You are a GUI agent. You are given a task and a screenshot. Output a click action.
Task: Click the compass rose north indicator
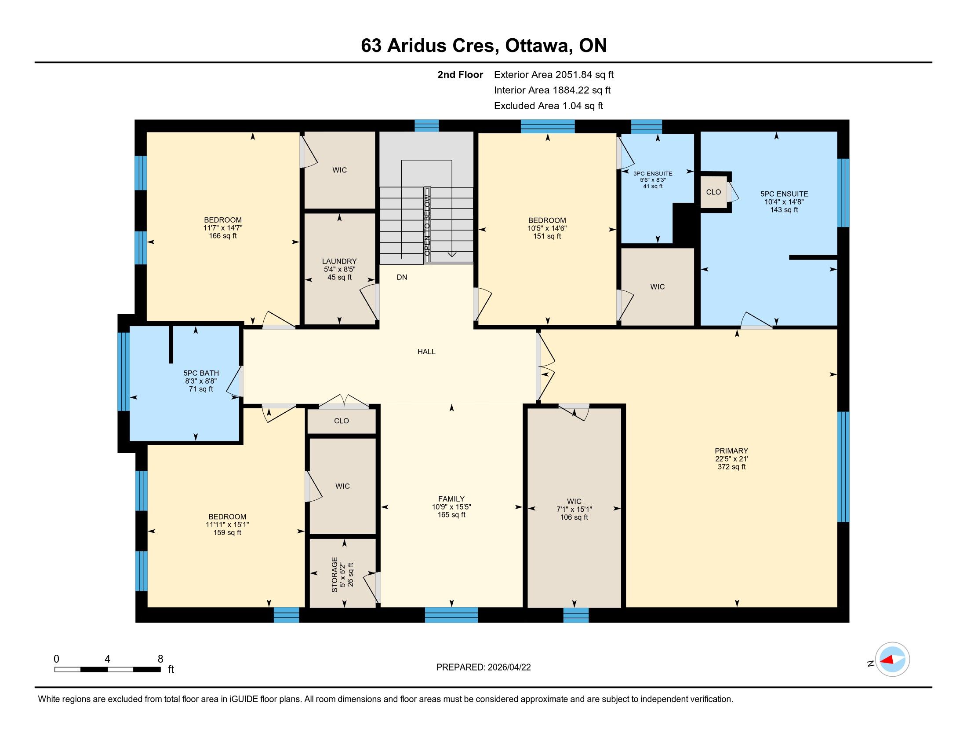click(892, 659)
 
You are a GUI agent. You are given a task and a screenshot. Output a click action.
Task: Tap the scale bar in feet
click(108, 669)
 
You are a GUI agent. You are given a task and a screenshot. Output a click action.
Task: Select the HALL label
click(426, 352)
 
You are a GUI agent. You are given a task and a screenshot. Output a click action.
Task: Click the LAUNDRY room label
click(339, 261)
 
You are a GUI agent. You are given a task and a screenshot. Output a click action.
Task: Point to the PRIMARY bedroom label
click(731, 451)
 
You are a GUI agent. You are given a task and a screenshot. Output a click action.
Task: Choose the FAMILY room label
click(451, 499)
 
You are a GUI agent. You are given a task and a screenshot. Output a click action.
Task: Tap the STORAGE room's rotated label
click(335, 574)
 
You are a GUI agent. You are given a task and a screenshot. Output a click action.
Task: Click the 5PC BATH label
click(201, 373)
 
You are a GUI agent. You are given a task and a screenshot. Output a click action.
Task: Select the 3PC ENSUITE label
click(653, 174)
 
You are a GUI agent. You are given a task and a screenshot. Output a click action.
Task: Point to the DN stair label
click(402, 277)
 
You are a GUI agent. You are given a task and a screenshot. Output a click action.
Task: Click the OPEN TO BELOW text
click(427, 225)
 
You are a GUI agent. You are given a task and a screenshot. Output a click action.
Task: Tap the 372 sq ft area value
click(731, 466)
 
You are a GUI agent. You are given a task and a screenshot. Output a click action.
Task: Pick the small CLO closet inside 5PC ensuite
click(714, 192)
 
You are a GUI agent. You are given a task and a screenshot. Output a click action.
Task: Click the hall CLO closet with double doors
click(342, 421)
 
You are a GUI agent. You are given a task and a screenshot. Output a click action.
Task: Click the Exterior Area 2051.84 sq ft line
click(554, 74)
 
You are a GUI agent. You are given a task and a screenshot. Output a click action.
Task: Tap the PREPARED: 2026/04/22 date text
click(484, 667)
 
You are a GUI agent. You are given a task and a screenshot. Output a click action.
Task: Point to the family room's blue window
click(451, 615)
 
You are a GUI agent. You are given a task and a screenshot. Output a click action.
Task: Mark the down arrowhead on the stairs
click(451, 254)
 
